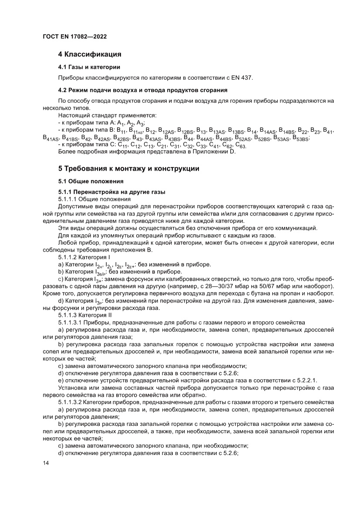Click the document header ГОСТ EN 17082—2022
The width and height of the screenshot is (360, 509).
point(75,37)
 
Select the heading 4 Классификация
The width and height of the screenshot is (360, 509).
point(89,54)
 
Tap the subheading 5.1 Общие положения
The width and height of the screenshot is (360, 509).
point(91,181)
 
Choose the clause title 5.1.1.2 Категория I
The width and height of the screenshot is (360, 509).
point(81,257)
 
